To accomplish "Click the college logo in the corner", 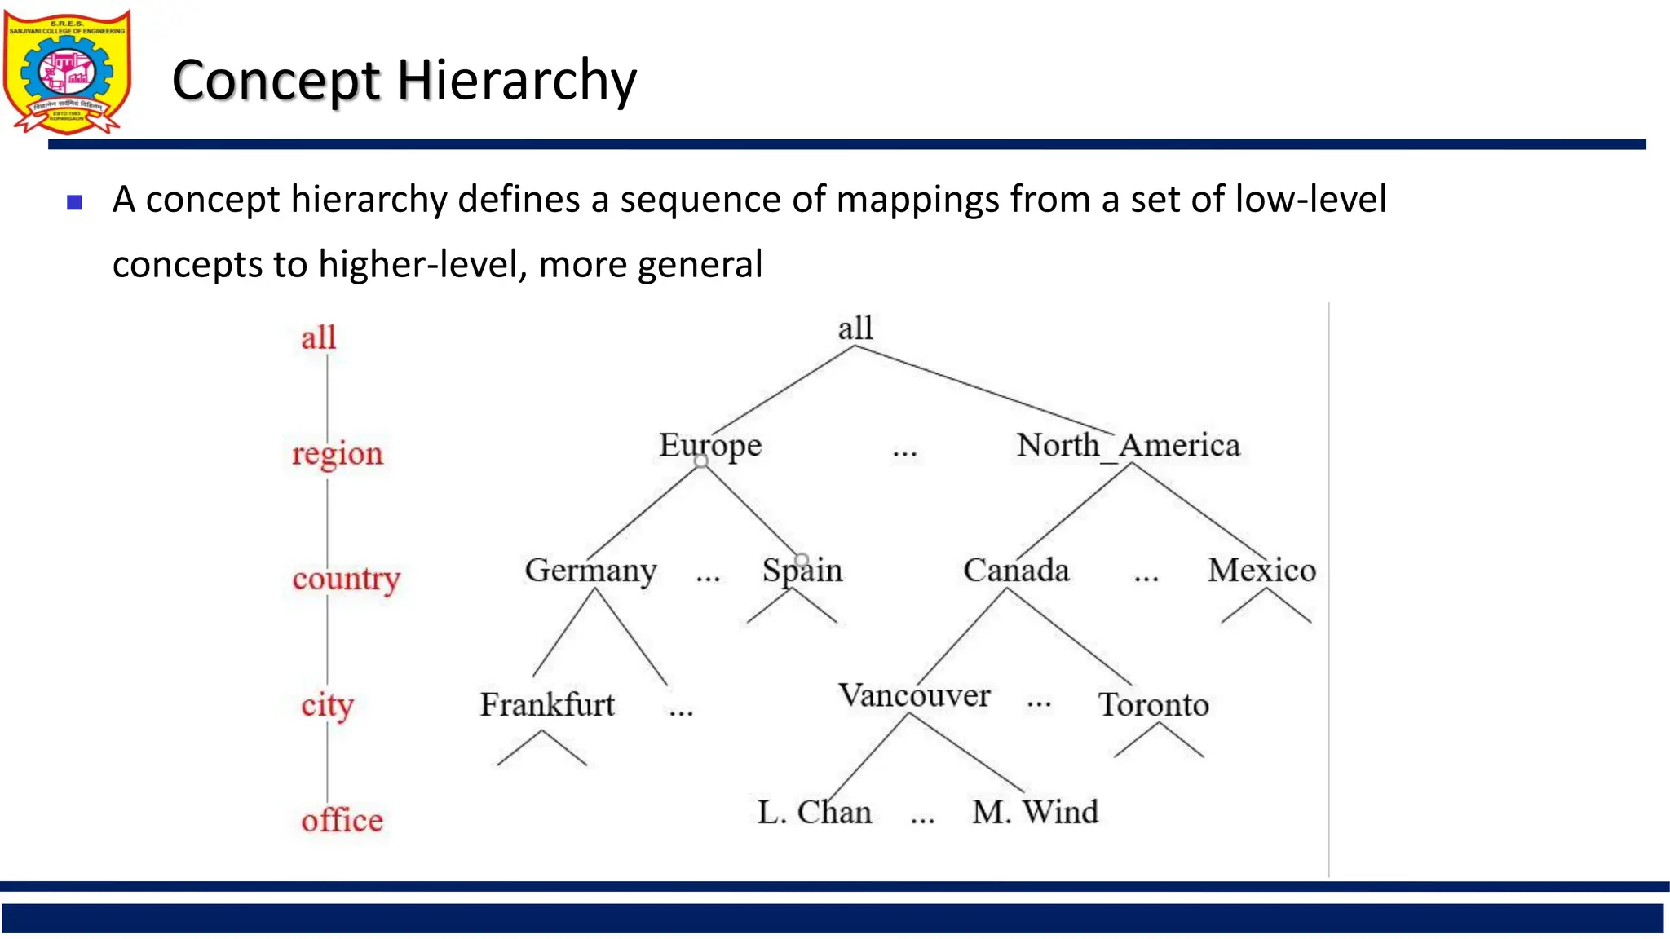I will point(67,72).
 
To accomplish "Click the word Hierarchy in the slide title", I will point(516,81).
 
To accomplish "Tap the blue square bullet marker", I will point(75,202).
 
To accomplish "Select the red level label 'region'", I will point(337,453).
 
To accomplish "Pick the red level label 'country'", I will point(346,579).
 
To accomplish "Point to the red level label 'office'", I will point(342,820).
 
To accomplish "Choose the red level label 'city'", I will point(327,705).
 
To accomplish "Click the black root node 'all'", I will point(855,328).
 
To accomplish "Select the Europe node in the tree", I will point(709,446).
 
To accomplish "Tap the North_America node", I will point(1128,446).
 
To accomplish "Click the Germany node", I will point(590,571).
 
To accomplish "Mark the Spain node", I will point(802,571).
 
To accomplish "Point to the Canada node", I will point(1016,571).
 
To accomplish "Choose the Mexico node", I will point(1261,571).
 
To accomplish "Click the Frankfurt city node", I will point(547,705).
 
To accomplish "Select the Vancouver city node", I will point(914,695).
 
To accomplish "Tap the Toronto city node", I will point(1153,705).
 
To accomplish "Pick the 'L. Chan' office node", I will point(814,813).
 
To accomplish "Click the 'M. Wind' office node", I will point(1035,813).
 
